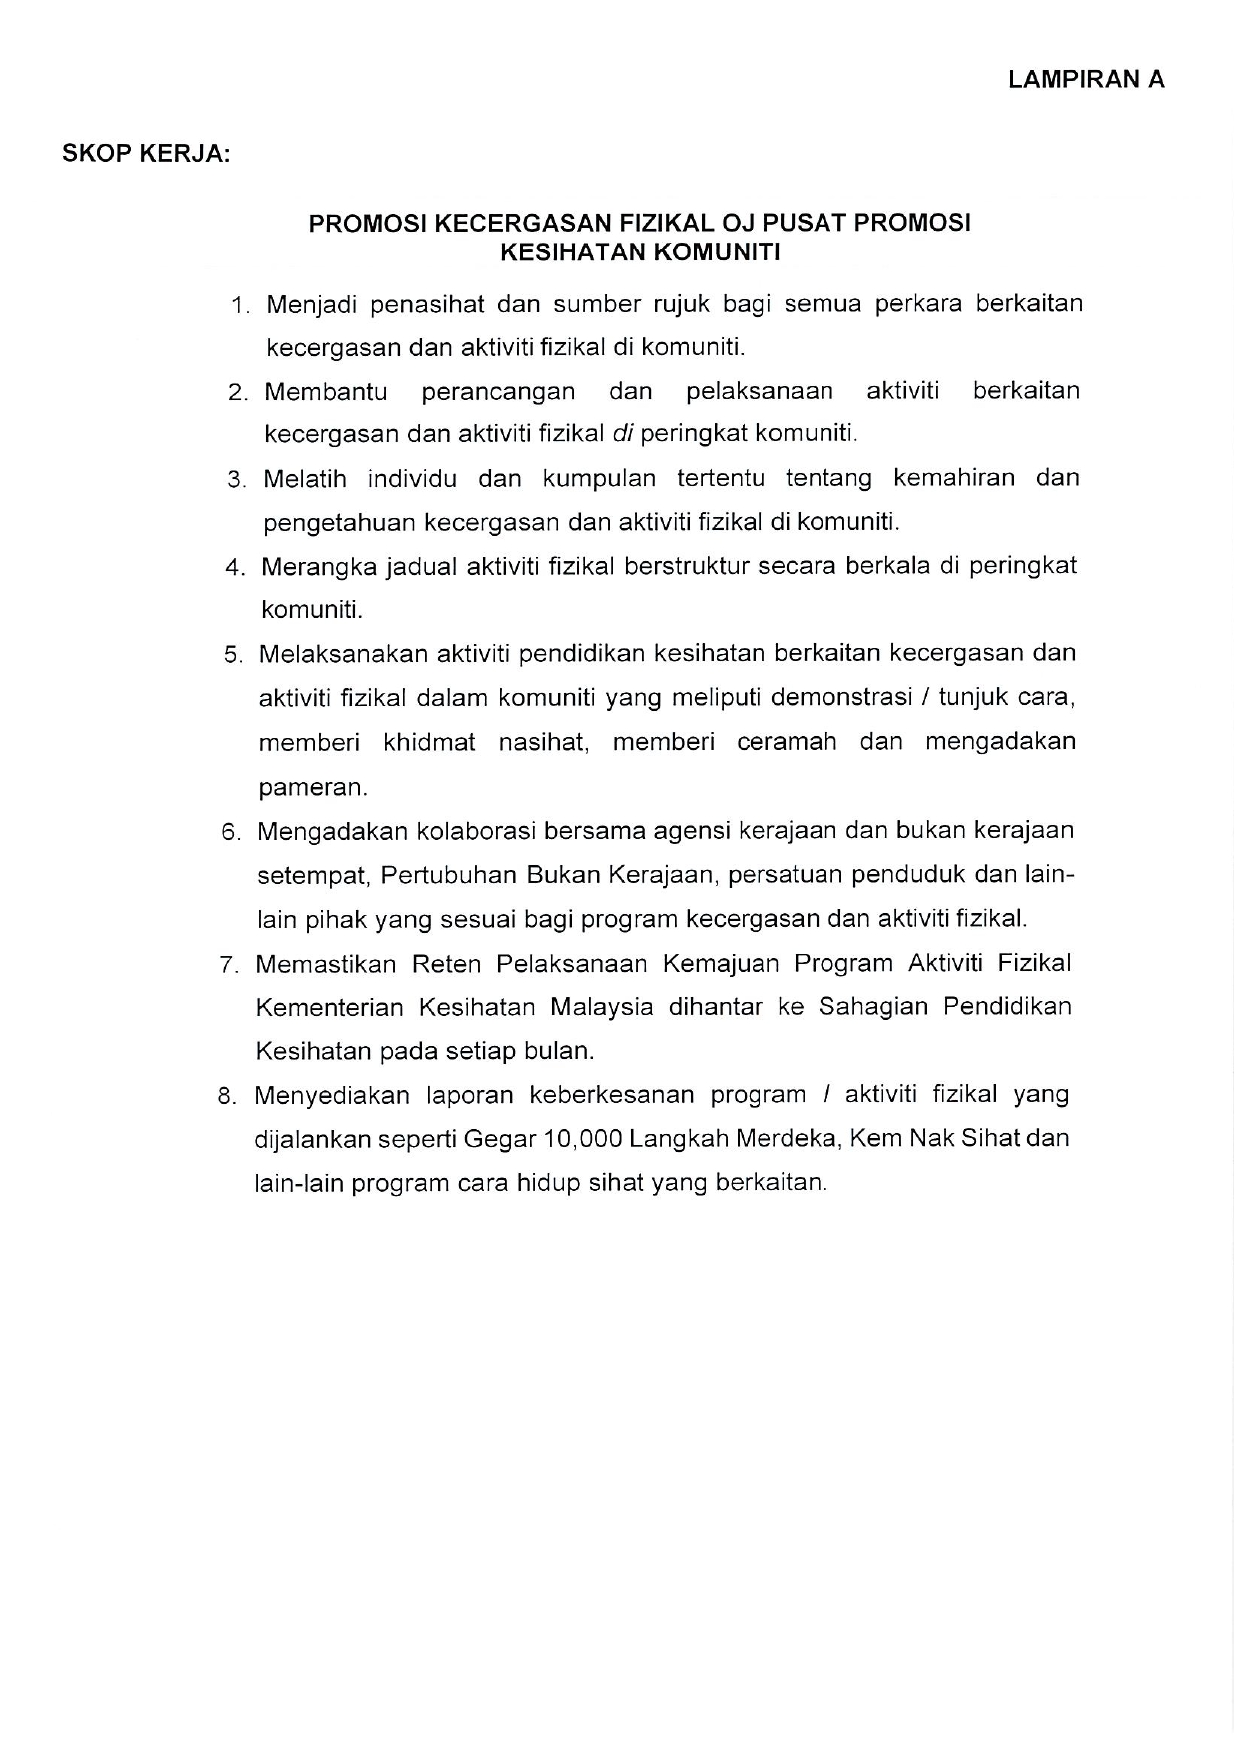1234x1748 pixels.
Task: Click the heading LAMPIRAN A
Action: point(1086,80)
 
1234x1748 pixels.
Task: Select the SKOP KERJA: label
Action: point(146,155)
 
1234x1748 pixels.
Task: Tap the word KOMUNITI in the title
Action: point(716,252)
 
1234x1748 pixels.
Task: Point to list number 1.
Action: point(240,306)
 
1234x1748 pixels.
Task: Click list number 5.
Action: point(233,655)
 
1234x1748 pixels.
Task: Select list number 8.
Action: point(227,1096)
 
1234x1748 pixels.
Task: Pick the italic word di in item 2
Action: point(622,434)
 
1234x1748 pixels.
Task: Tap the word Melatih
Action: point(304,479)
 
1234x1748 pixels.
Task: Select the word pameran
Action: point(312,787)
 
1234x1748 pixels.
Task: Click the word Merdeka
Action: point(783,1139)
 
